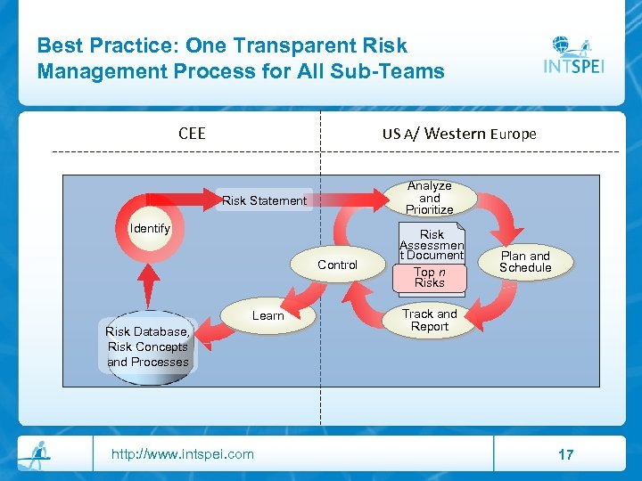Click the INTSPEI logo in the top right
[x=573, y=56]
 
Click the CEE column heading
[x=192, y=134]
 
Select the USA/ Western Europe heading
[x=459, y=134]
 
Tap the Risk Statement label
[x=264, y=200]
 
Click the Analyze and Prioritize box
[x=430, y=198]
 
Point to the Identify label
[x=150, y=229]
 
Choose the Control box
[x=337, y=265]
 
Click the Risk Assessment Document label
[x=432, y=244]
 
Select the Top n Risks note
[x=429, y=277]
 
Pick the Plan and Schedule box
[x=525, y=262]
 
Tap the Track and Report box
[x=429, y=320]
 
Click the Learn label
[x=267, y=315]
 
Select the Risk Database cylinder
[x=148, y=347]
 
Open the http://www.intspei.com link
[x=182, y=454]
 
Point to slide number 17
[x=565, y=454]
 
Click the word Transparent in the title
[x=279, y=45]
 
